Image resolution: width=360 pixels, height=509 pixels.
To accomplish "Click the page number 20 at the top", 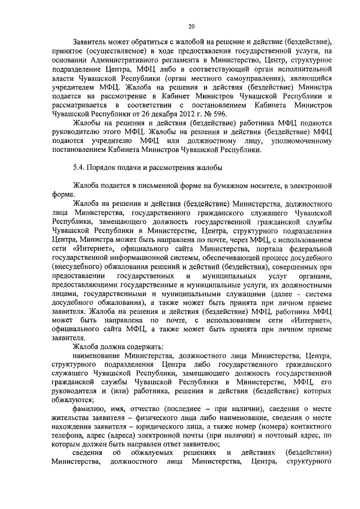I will click(191, 26).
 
